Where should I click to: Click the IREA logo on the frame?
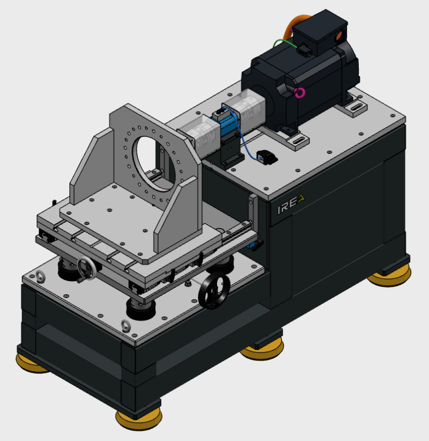[291, 204]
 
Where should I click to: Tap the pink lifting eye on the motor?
[300, 93]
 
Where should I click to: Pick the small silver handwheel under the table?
[86, 268]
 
